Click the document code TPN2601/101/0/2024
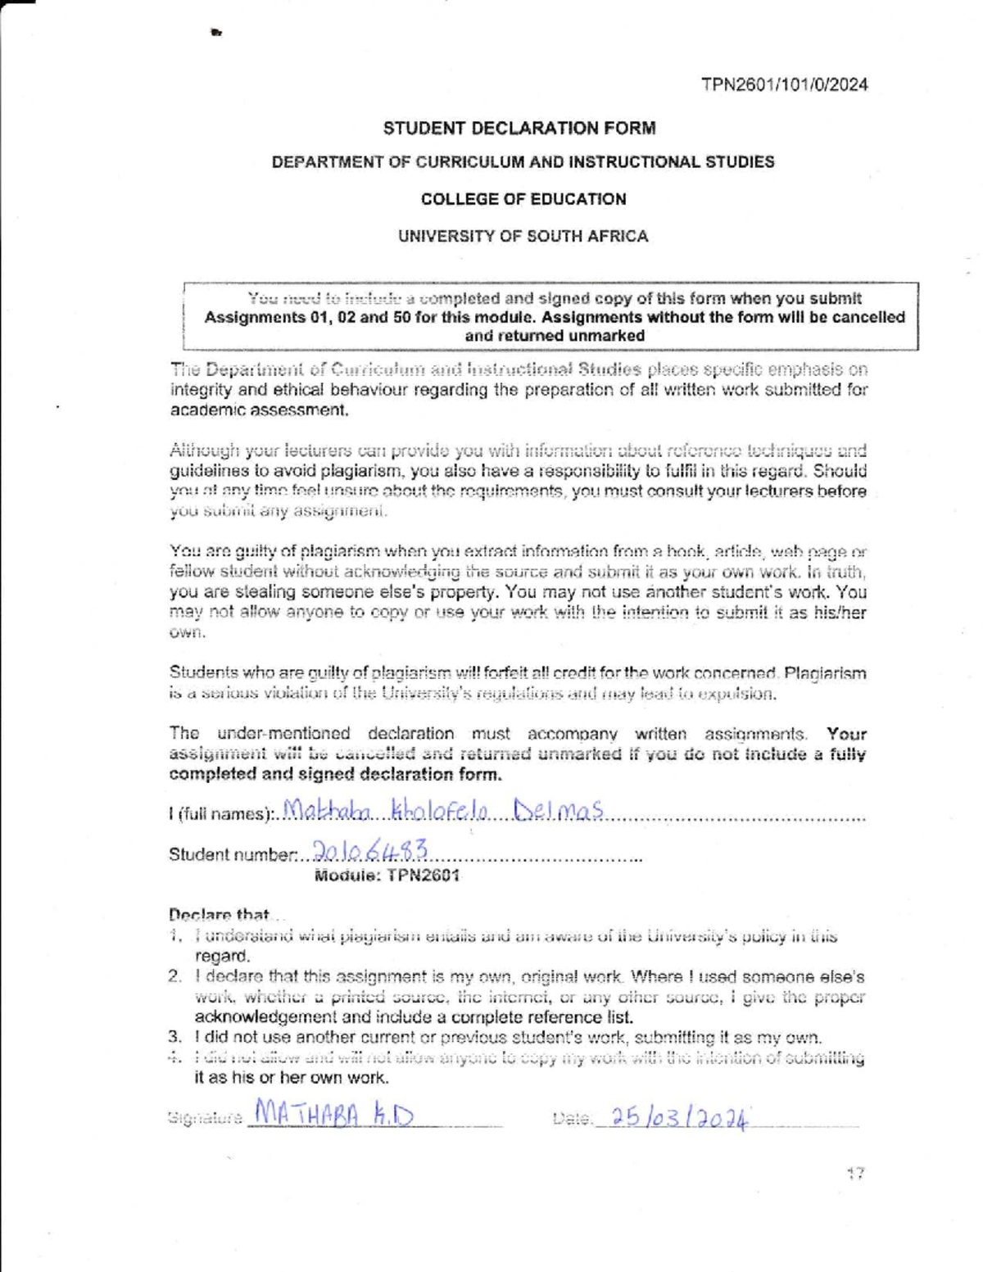[x=784, y=84]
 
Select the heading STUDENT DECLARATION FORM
[x=519, y=128]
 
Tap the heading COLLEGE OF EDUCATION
[x=523, y=199]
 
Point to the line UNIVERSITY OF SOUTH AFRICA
[x=523, y=236]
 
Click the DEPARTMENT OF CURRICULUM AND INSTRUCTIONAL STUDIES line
[x=523, y=162]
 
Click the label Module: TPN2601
[x=387, y=876]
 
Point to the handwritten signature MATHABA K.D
[x=334, y=1115]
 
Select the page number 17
[x=855, y=1174]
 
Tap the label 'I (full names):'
[x=220, y=814]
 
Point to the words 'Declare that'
[x=219, y=914]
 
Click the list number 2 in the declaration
[x=174, y=976]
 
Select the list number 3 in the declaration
[x=174, y=1038]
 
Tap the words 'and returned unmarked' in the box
[x=555, y=336]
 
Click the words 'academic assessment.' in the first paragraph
[x=260, y=410]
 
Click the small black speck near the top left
[x=215, y=33]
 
